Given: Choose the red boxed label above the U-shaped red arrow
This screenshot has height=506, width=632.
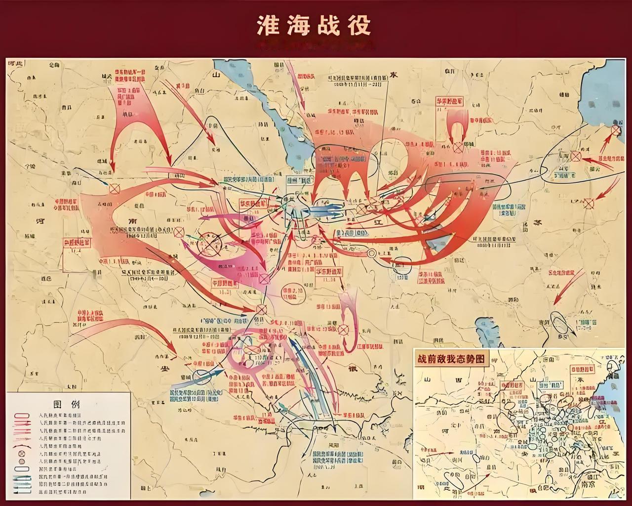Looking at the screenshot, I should pyautogui.click(x=449, y=102).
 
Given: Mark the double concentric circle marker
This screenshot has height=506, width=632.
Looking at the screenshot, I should pyautogui.click(x=372, y=253).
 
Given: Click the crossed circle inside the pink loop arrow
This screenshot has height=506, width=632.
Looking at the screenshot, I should pyautogui.click(x=344, y=328).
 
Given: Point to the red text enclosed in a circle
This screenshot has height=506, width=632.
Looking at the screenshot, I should pyautogui.click(x=293, y=292).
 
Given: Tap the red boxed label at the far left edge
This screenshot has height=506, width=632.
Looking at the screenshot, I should pyautogui.click(x=77, y=243).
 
